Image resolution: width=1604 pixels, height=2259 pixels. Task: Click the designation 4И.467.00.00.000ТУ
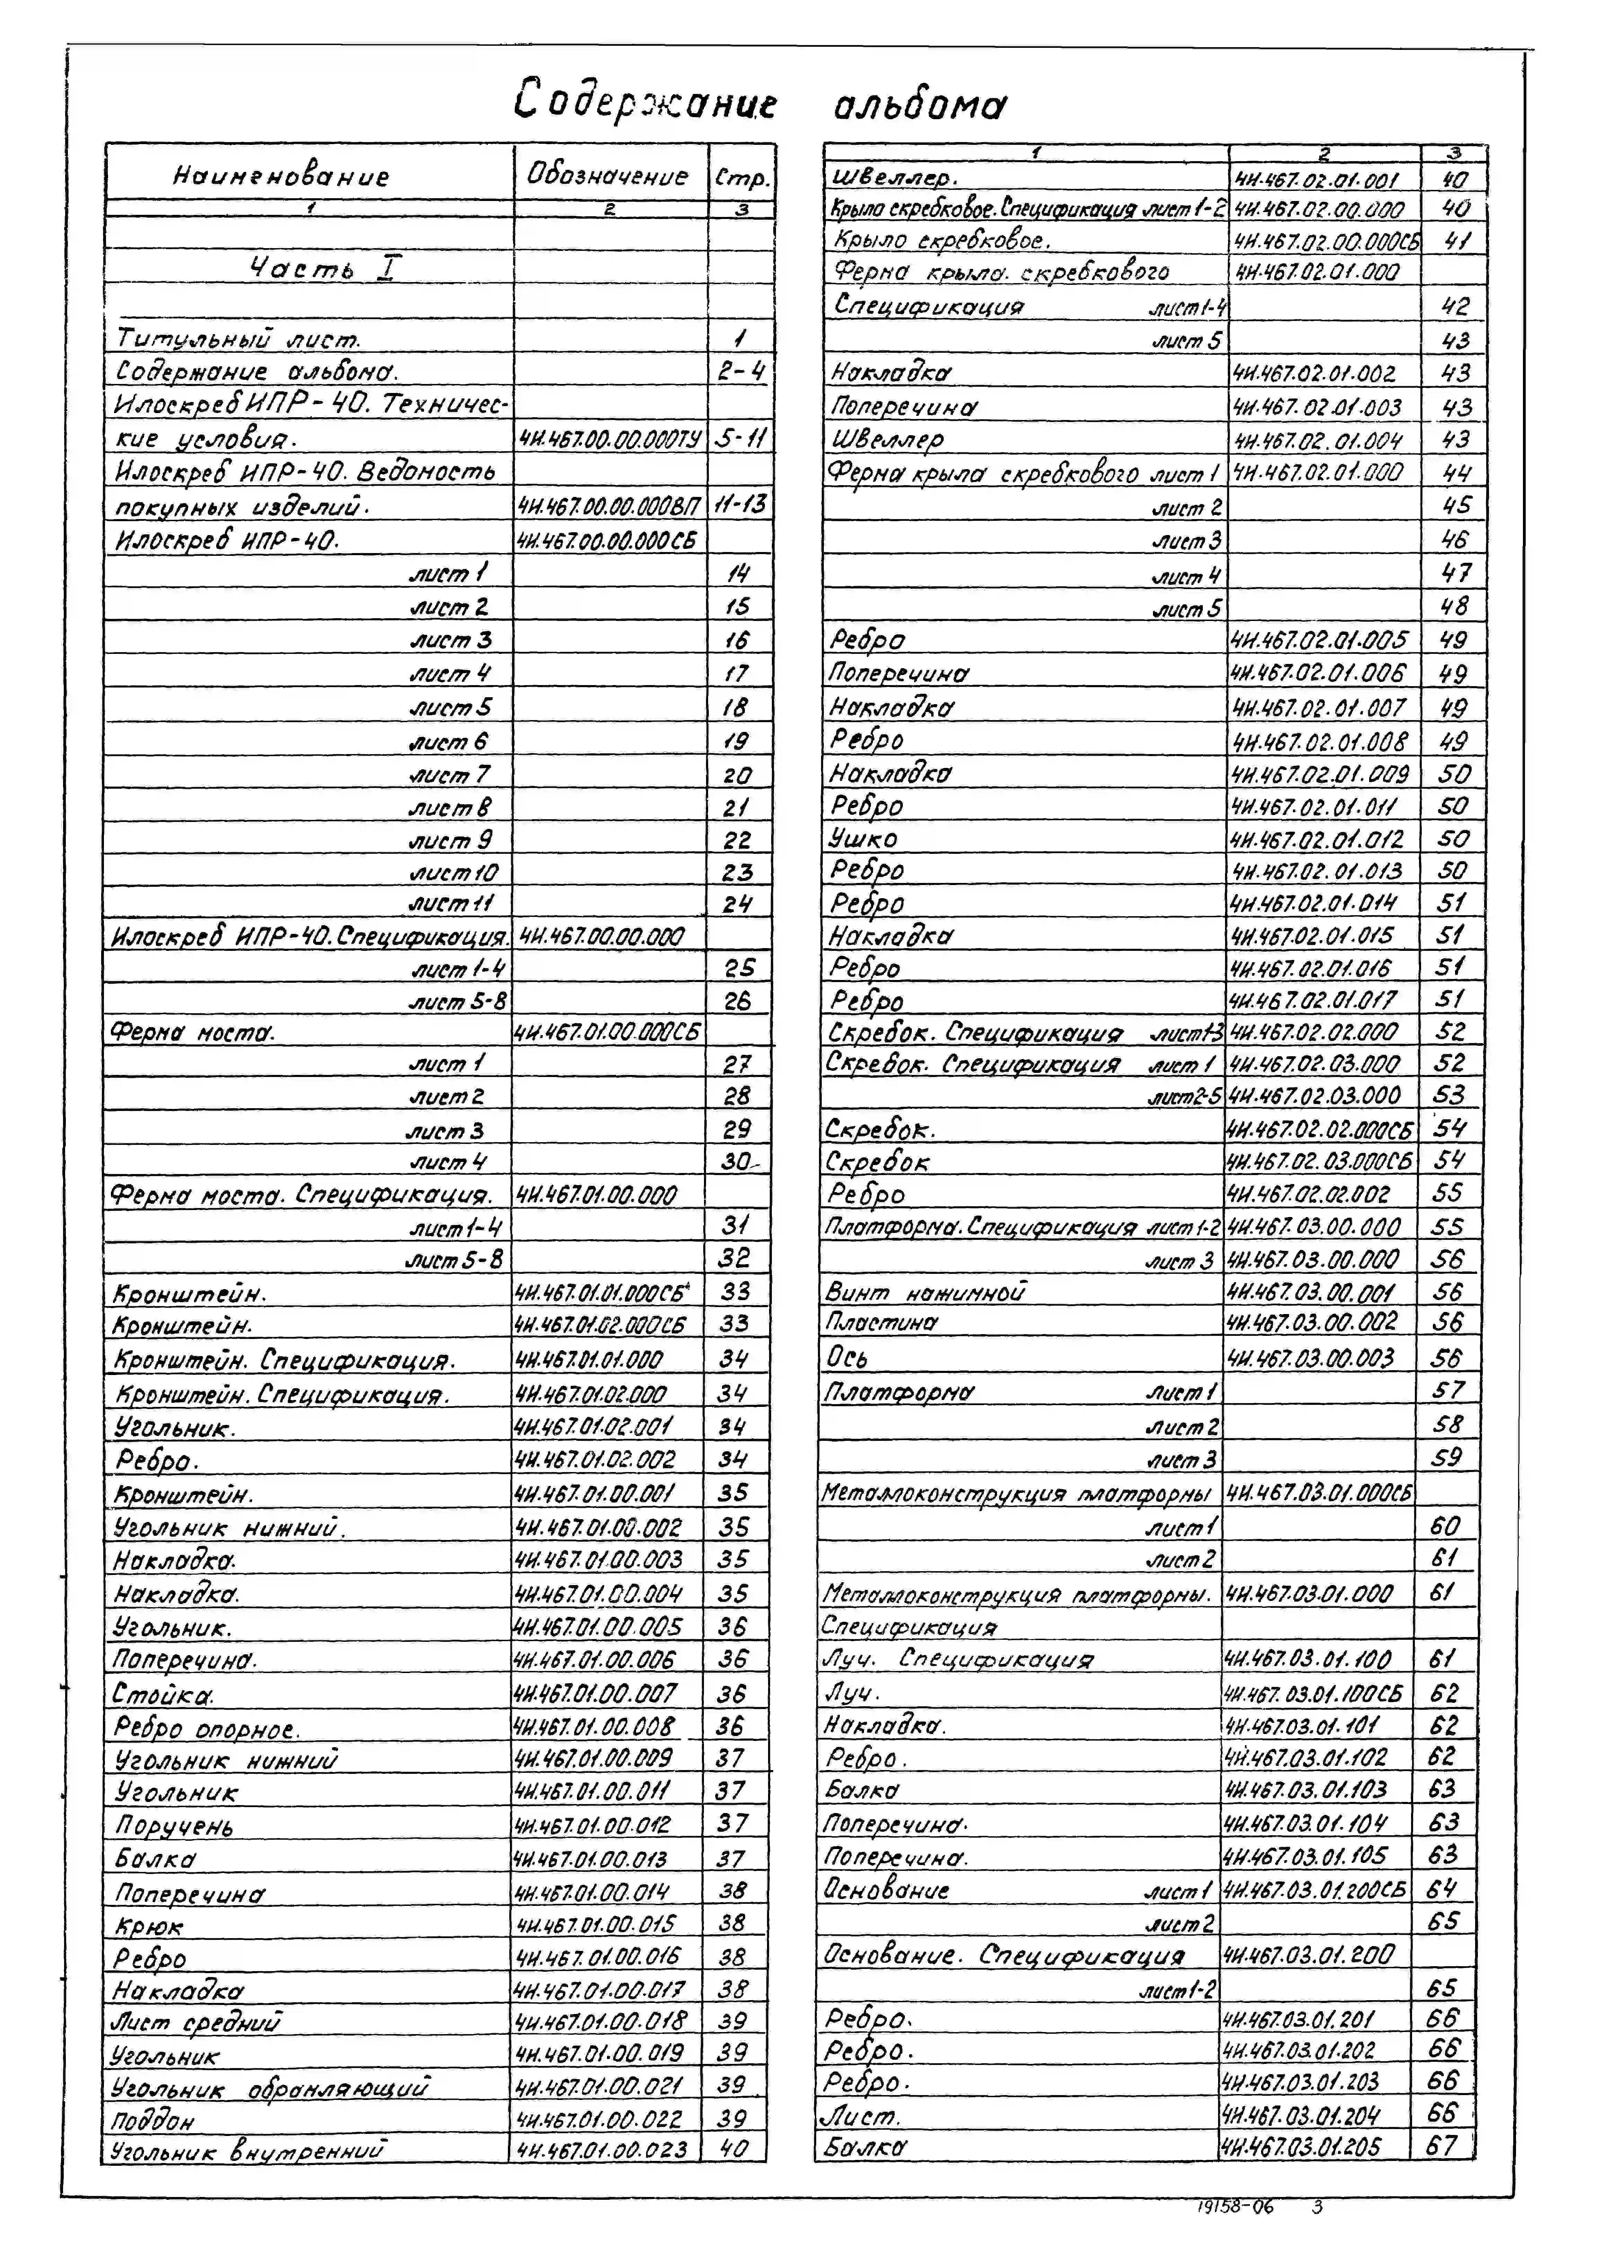(x=609, y=439)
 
